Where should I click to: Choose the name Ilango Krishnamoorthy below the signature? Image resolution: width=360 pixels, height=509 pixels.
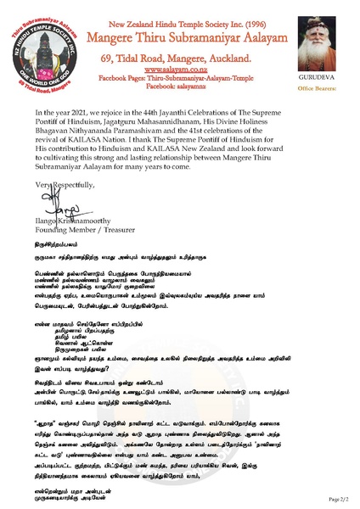[64, 217]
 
